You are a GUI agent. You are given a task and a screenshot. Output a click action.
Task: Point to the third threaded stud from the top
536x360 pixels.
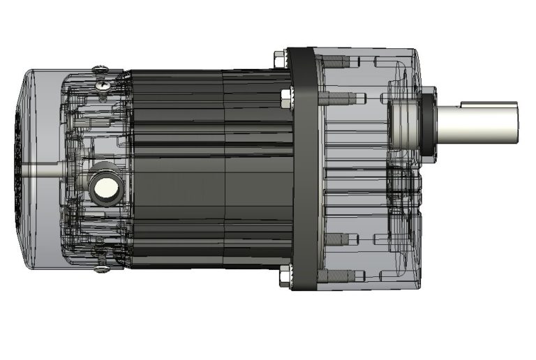click(336, 239)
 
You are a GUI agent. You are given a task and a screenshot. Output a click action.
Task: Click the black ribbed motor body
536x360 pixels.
click(209, 167)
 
